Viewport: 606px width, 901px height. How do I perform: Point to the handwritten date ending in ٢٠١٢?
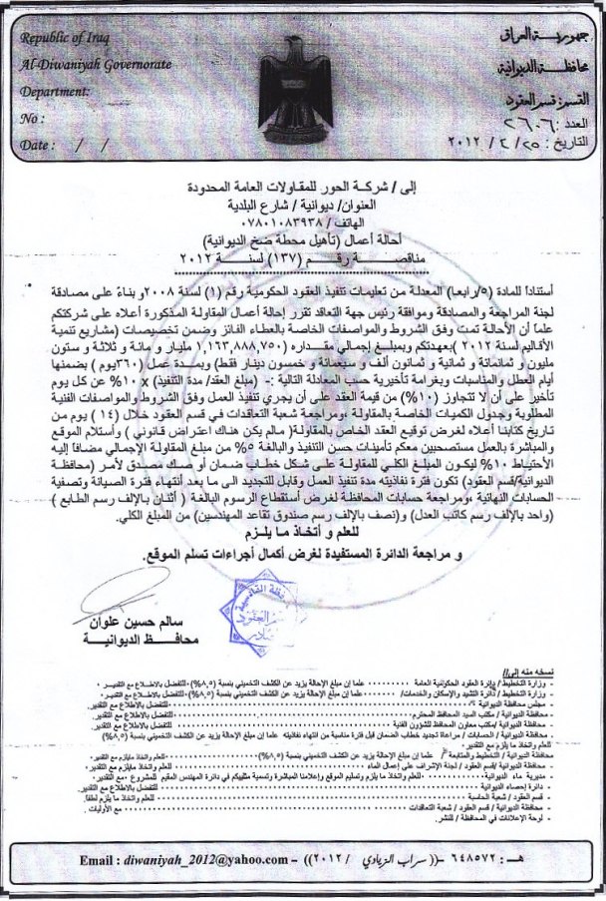click(538, 143)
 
